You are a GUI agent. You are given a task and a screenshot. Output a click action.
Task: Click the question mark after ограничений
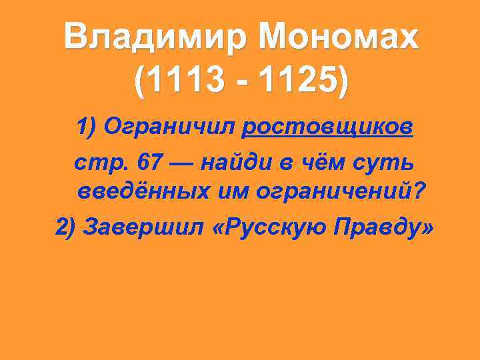[419, 191]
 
